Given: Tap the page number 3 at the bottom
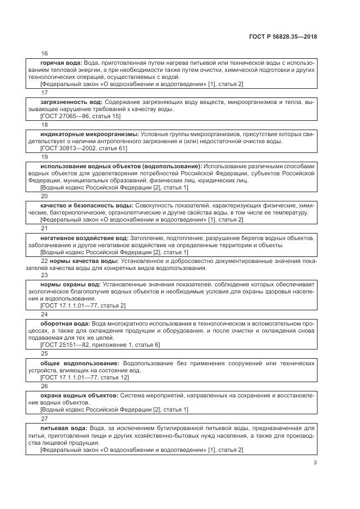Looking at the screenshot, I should click(315, 463).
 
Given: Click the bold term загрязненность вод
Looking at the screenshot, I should click(72, 102).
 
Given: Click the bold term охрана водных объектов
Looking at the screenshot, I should click(79, 394).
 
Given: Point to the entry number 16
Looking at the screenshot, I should click(44, 53).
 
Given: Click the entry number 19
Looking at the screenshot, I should click(44, 156).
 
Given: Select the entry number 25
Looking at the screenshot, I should click(44, 352).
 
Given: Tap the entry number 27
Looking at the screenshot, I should click(44, 419).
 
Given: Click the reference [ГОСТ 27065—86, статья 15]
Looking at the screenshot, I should click(81, 116).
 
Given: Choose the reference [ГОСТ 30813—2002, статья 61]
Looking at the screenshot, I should click(84, 148).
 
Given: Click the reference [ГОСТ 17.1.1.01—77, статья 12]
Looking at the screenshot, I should click(85, 377).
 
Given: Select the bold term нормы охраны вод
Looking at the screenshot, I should click(70, 284).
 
